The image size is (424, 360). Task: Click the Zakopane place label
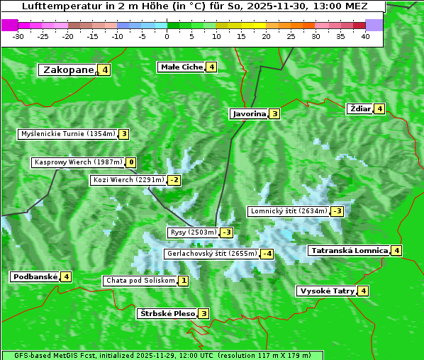point(68,70)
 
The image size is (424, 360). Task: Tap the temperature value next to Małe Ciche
point(211,67)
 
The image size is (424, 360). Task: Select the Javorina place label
point(249,114)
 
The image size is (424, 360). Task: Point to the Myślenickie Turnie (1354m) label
point(68,134)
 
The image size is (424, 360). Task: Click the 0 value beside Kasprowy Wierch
point(131,162)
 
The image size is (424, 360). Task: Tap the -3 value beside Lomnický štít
point(337,211)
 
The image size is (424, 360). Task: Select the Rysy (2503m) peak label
point(193,232)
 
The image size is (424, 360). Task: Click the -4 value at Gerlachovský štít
point(267,254)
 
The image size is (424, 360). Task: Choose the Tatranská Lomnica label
point(349,250)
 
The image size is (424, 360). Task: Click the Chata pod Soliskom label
point(140,281)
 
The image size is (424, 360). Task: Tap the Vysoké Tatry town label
point(326,291)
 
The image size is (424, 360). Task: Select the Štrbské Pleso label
point(167,313)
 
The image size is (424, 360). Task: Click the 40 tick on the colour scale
point(365,36)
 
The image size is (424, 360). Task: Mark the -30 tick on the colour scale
point(18,36)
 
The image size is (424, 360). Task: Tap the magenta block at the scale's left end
point(10,25)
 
